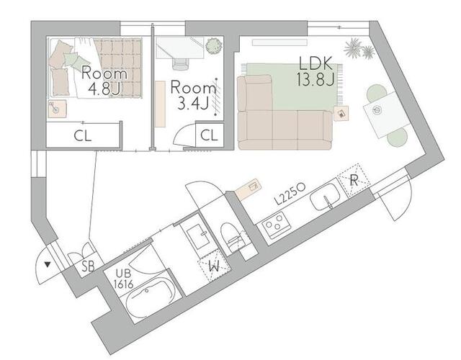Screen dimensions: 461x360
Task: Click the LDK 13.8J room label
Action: [x=315, y=71]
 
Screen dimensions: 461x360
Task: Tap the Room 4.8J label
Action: [x=104, y=81]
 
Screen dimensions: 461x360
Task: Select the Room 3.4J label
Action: [x=193, y=94]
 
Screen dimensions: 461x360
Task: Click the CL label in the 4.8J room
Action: [x=83, y=136]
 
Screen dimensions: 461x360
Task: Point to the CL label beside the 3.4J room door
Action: [x=209, y=135]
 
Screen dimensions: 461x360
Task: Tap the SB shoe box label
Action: [x=88, y=267]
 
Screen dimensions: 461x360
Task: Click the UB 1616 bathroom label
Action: [x=124, y=279]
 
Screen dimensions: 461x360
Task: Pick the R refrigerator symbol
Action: [x=354, y=180]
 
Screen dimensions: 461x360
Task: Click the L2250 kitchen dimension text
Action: [x=290, y=194]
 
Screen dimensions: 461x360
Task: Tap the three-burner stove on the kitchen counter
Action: [x=277, y=225]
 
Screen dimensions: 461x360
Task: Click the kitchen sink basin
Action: [x=326, y=197]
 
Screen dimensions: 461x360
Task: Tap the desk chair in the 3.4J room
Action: [x=180, y=63]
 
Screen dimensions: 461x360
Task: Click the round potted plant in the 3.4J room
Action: [x=214, y=46]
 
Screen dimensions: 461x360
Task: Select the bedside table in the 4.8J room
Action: [x=57, y=109]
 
